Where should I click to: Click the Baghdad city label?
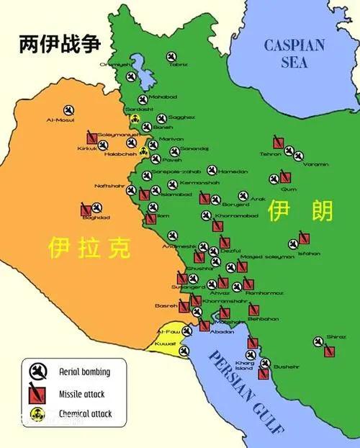[x=96, y=218]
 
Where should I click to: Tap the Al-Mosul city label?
[x=60, y=120]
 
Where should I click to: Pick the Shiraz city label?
[x=336, y=337]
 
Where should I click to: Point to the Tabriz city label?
[x=178, y=65]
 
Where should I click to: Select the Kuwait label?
[x=166, y=344]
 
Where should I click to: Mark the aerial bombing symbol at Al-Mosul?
[x=68, y=109]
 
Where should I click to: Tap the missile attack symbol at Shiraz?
[x=329, y=351]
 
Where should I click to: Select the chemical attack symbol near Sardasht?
[x=135, y=119]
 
